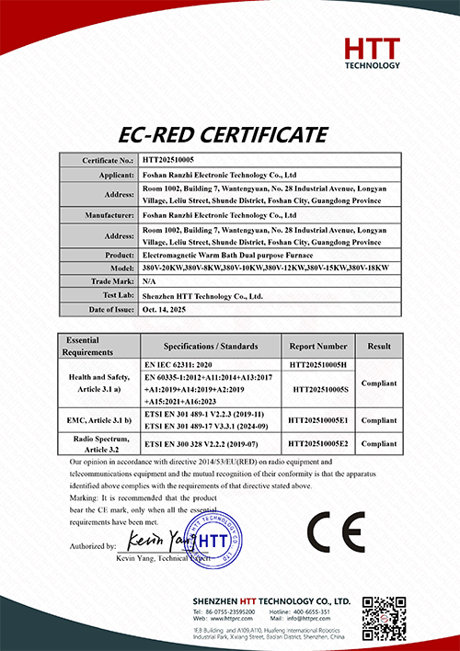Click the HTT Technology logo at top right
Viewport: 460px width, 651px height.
372,53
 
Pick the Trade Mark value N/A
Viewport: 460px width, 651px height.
150,280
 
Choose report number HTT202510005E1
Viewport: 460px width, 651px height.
317,419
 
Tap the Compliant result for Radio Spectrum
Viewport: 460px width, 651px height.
379,443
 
